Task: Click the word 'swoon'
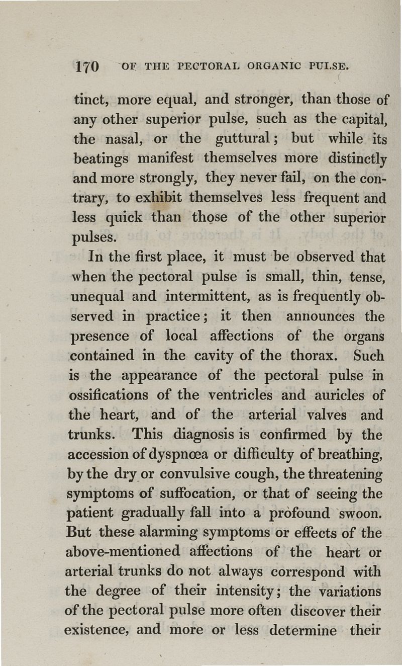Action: coord(358,514)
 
